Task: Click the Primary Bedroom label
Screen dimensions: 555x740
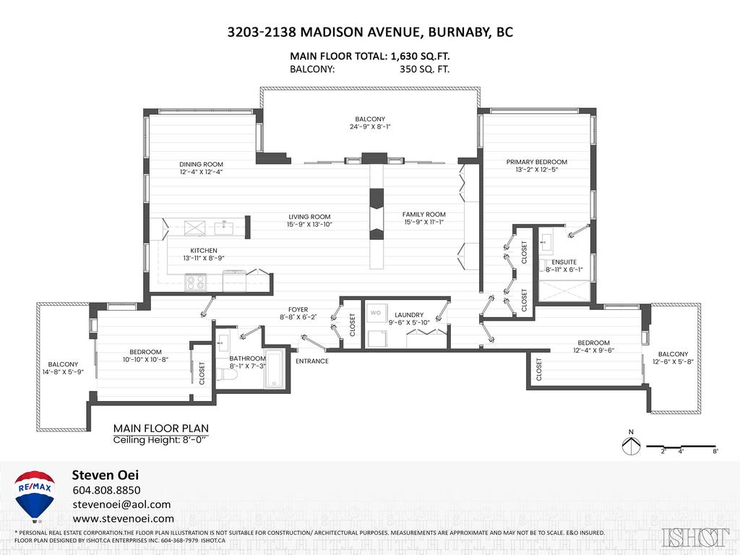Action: click(x=536, y=162)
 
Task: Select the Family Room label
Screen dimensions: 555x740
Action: click(x=423, y=215)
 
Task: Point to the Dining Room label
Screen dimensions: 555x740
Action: click(x=202, y=164)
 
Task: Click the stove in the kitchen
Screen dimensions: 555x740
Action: click(x=195, y=281)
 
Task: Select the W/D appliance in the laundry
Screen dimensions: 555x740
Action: click(x=376, y=314)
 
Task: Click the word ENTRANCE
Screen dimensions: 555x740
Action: click(x=312, y=361)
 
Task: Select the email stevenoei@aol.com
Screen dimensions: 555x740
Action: click(x=121, y=504)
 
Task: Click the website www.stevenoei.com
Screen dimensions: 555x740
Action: click(x=123, y=519)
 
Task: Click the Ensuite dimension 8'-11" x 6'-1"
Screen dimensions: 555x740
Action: click(x=564, y=270)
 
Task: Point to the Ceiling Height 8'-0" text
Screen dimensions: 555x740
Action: click(x=160, y=440)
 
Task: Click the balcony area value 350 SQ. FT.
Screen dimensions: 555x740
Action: click(x=424, y=70)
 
